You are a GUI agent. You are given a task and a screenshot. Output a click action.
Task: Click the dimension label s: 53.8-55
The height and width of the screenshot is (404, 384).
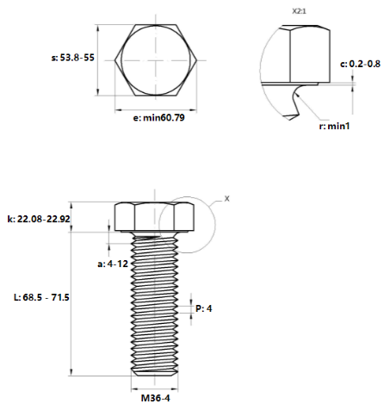coord(73,58)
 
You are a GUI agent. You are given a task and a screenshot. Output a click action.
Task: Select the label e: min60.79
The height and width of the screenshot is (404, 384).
coord(158,118)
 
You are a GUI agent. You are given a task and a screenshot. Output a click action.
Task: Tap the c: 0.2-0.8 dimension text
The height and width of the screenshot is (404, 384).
coord(360,64)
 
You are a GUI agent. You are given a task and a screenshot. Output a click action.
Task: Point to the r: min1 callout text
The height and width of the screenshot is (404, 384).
coord(335,126)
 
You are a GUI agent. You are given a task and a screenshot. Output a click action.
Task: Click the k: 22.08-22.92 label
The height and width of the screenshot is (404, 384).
coord(39,219)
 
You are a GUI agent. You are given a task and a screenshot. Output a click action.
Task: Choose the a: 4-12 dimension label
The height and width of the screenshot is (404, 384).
coord(113,264)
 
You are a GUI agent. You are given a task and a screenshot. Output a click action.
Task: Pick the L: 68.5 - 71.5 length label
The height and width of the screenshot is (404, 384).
coord(41,297)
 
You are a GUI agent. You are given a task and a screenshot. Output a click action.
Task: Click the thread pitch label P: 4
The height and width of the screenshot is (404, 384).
coord(204,308)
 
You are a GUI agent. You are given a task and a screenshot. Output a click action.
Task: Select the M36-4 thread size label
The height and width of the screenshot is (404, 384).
coord(156,398)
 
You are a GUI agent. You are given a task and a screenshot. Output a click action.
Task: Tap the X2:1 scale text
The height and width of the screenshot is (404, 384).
coord(299,11)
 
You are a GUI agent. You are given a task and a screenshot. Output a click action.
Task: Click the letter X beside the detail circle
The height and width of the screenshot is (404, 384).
coord(227,198)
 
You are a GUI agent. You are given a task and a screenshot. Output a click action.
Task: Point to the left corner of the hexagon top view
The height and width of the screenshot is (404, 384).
coord(115,60)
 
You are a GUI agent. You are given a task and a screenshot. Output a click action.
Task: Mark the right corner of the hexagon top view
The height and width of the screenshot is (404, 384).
coord(197,60)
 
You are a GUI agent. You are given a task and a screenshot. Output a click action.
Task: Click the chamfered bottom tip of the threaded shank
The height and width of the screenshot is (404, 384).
coord(155,372)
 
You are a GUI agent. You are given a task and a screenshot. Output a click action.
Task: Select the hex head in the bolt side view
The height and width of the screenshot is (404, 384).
coord(154,217)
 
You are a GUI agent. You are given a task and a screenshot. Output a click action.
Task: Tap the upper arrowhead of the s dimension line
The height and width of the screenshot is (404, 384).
coord(98,28)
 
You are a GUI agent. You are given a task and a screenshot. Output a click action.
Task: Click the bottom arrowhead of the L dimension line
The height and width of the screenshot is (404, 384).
coord(71,372)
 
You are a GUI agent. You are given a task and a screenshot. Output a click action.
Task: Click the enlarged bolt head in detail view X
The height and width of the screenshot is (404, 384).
coord(305,54)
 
